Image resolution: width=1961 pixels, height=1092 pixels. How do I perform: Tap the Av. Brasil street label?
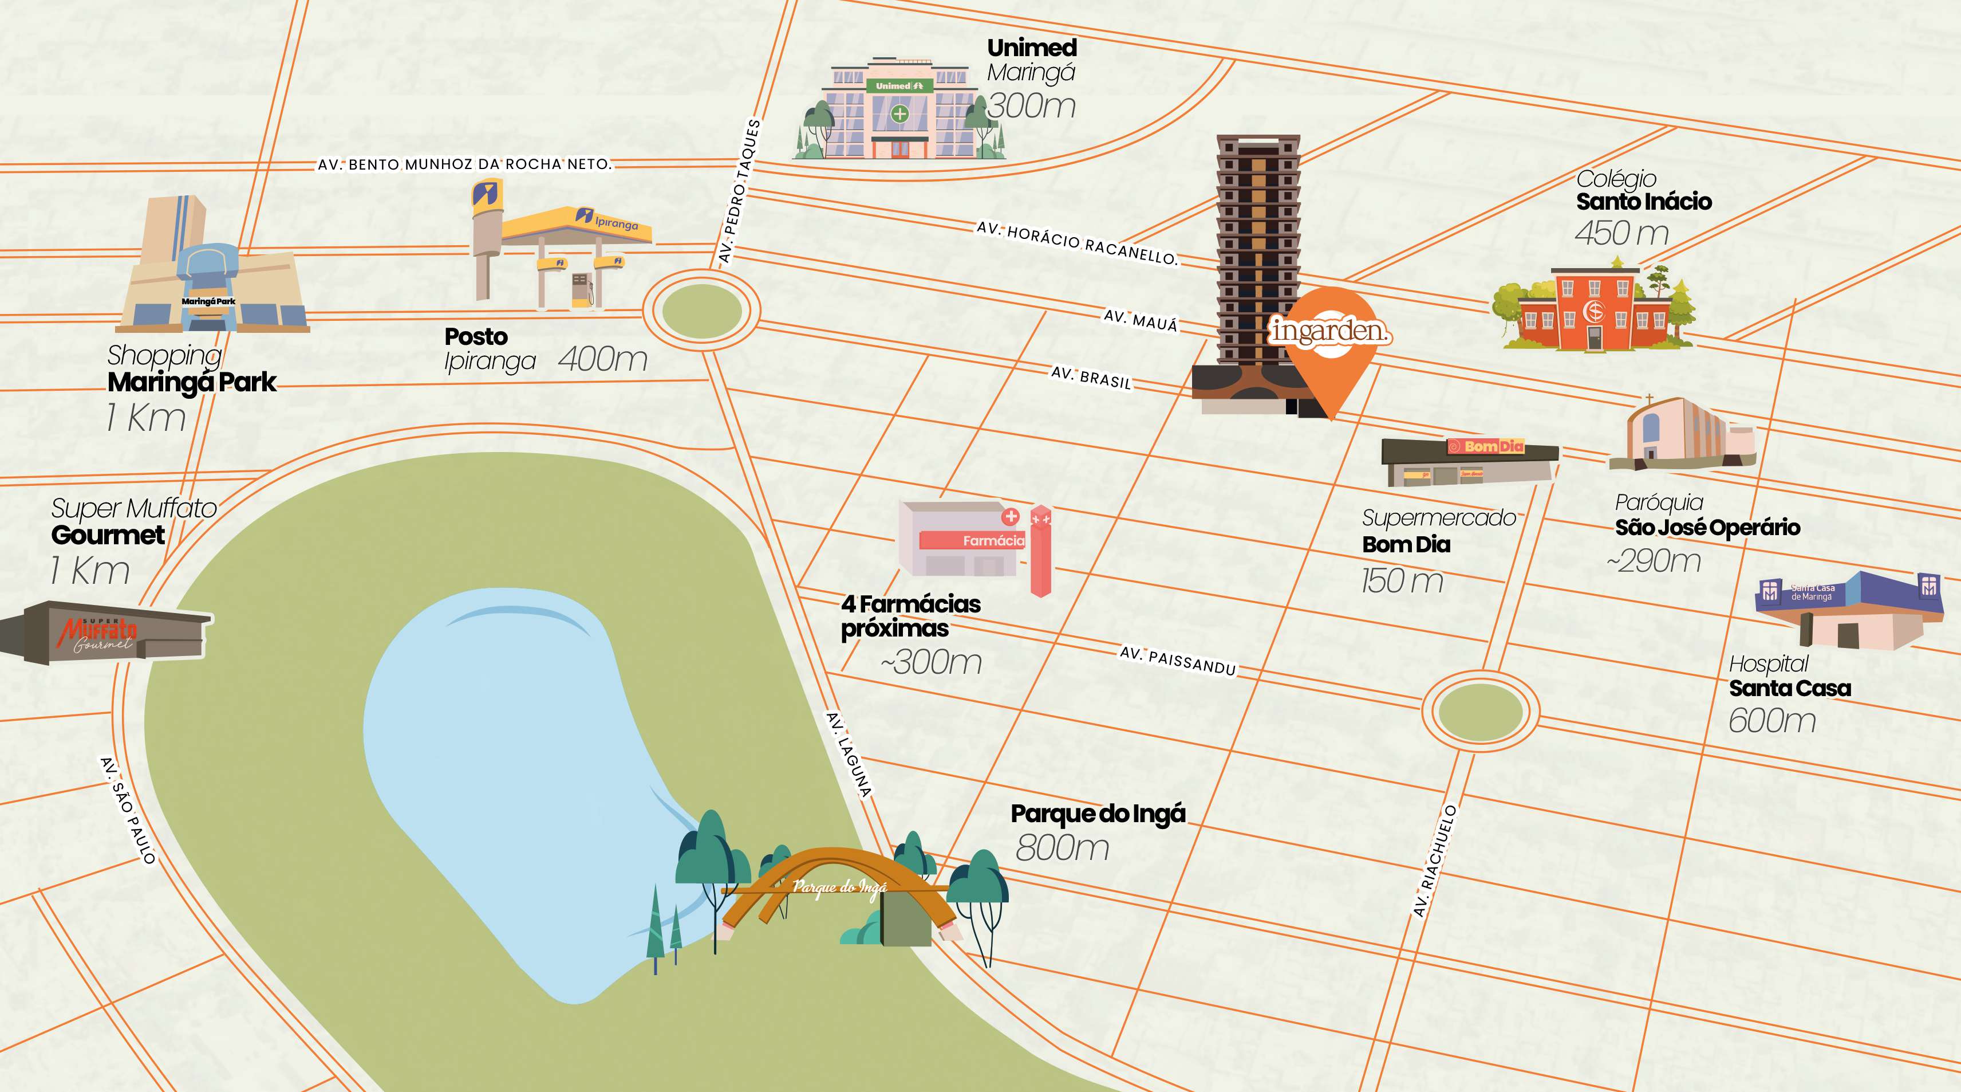(x=1091, y=377)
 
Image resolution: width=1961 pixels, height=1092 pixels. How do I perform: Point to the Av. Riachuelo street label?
(x=1434, y=861)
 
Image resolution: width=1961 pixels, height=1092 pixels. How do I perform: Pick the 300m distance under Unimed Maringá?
(x=1032, y=107)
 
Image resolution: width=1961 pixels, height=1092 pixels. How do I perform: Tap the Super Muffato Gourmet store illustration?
(x=106, y=632)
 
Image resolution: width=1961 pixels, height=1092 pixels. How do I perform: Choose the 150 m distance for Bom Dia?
(x=1402, y=581)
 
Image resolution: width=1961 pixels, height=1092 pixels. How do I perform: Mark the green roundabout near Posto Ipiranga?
(x=701, y=311)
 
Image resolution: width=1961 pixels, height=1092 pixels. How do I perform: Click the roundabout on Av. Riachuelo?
(x=1480, y=711)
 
